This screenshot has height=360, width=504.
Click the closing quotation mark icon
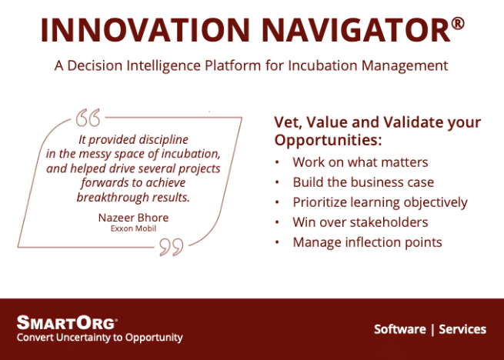point(171,246)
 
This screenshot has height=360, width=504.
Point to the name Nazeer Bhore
point(133,217)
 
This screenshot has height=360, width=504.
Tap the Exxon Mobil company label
point(133,229)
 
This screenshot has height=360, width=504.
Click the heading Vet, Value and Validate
point(377,122)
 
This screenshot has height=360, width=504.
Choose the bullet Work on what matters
point(360,162)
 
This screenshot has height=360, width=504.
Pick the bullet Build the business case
point(363,182)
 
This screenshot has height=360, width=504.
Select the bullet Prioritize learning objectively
point(379,202)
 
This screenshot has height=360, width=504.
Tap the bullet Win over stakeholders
point(360,222)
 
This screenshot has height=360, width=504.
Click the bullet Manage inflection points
point(367,242)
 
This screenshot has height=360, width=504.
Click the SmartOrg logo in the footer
point(67,322)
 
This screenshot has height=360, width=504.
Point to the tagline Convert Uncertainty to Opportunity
point(100,338)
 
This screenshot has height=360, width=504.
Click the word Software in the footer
point(399,329)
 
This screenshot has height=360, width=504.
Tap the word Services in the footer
point(462,329)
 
